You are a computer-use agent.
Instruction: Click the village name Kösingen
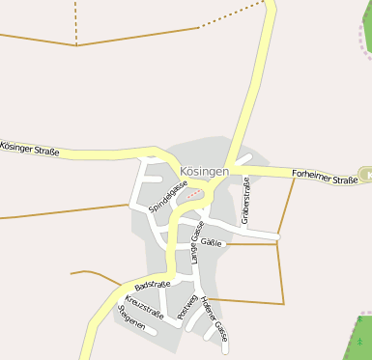(x=204, y=171)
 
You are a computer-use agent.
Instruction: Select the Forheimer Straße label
(x=325, y=177)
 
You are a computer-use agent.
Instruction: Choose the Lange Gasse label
(x=195, y=242)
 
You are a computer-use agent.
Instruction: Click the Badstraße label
(x=153, y=286)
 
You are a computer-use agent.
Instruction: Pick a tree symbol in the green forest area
(x=361, y=341)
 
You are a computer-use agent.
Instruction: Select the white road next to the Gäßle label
(x=242, y=233)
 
